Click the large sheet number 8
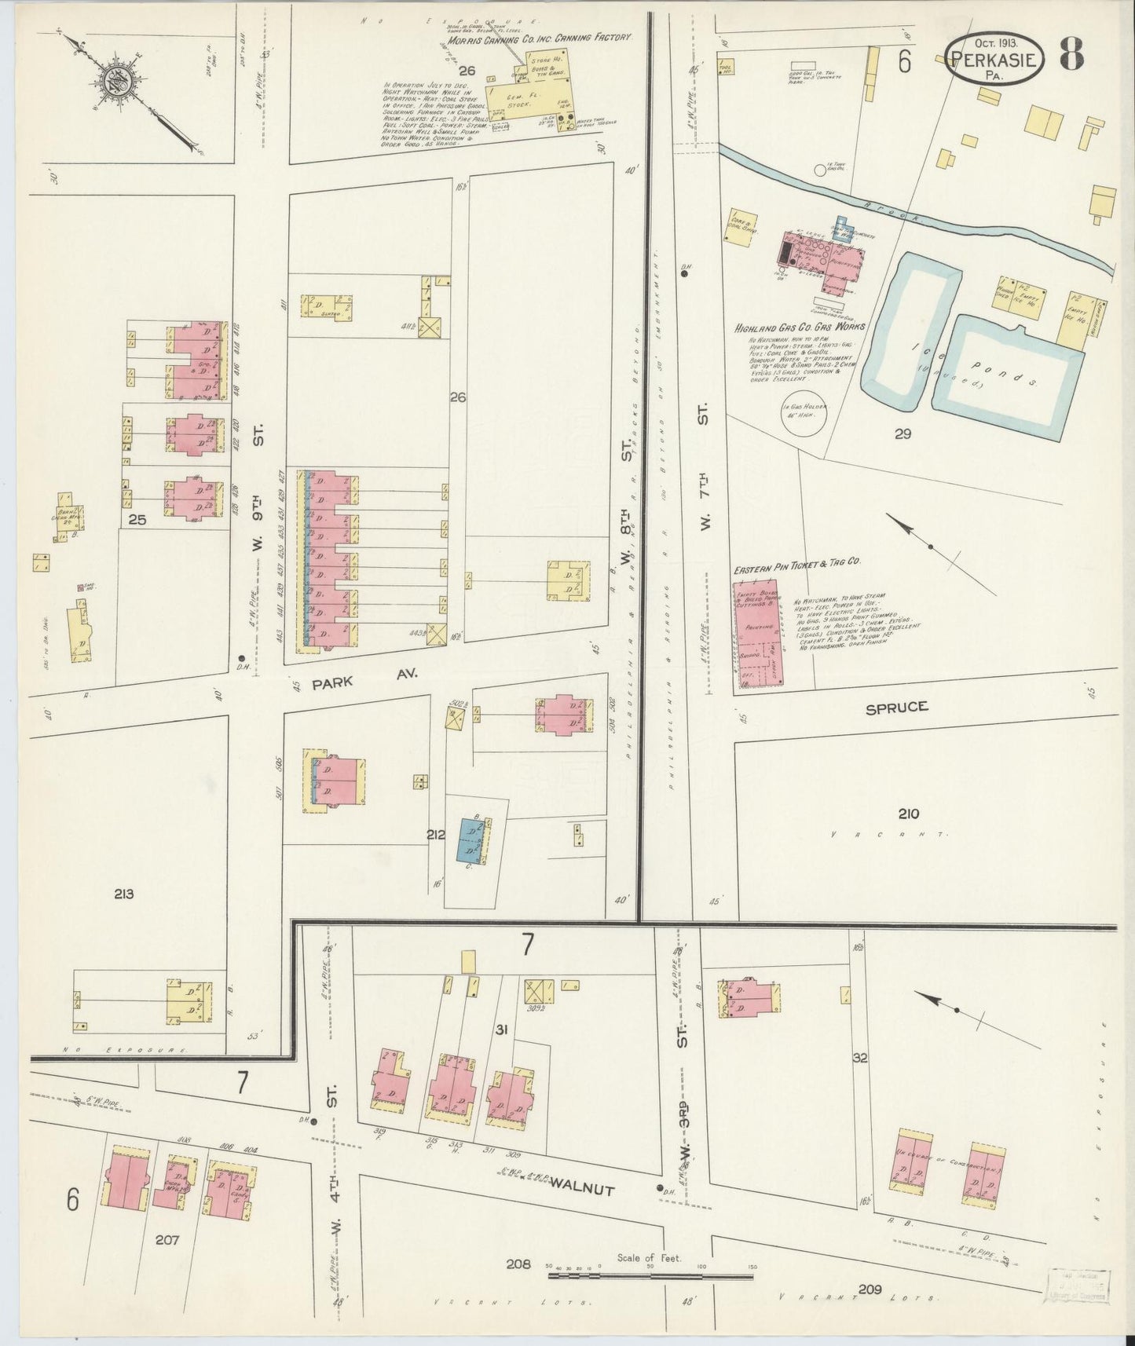coord(1073,53)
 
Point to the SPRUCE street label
coord(897,707)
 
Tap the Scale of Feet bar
coord(650,1276)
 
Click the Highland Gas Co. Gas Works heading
coord(800,327)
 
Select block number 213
coord(124,894)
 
